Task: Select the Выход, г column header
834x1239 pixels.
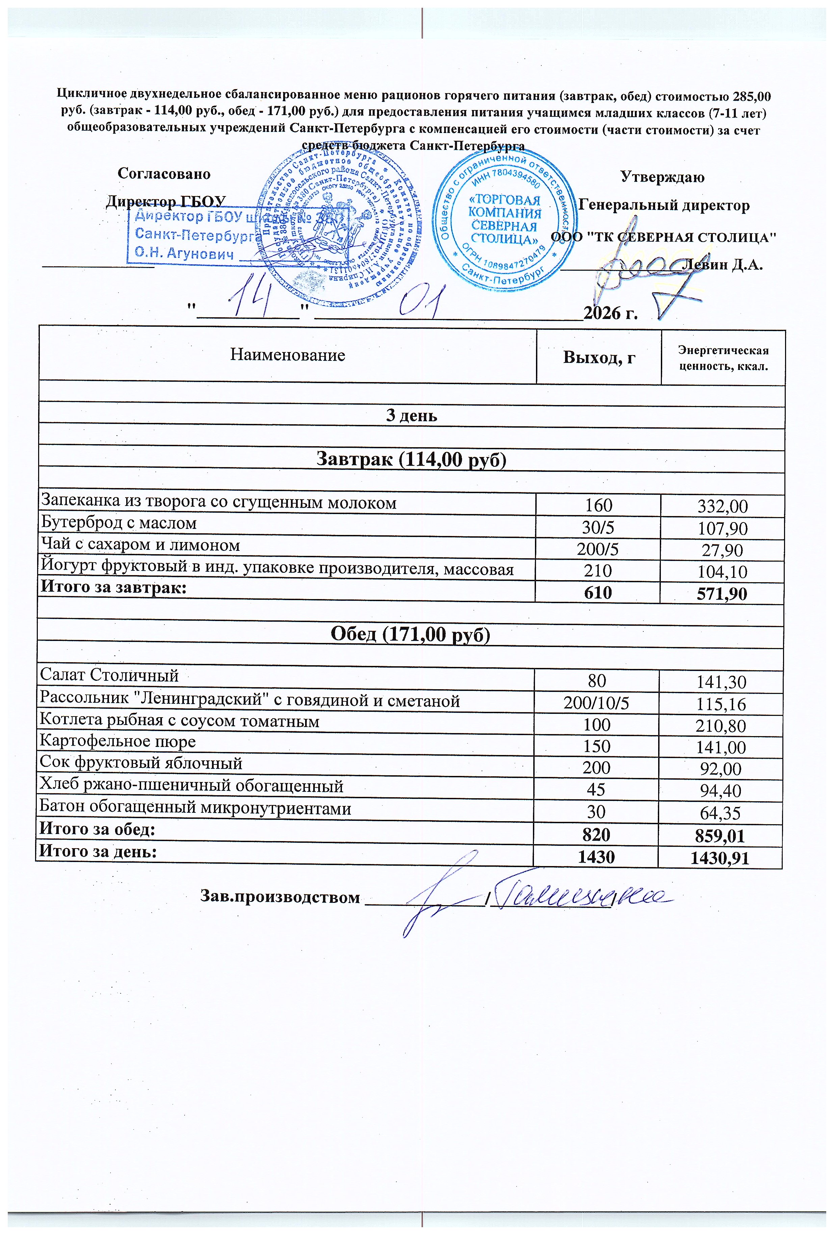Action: tap(599, 357)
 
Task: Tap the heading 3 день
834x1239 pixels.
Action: tap(411, 415)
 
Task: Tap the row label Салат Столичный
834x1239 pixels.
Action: tap(110, 675)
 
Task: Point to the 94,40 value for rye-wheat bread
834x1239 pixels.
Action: tap(721, 791)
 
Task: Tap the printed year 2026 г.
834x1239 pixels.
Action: tap(610, 313)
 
